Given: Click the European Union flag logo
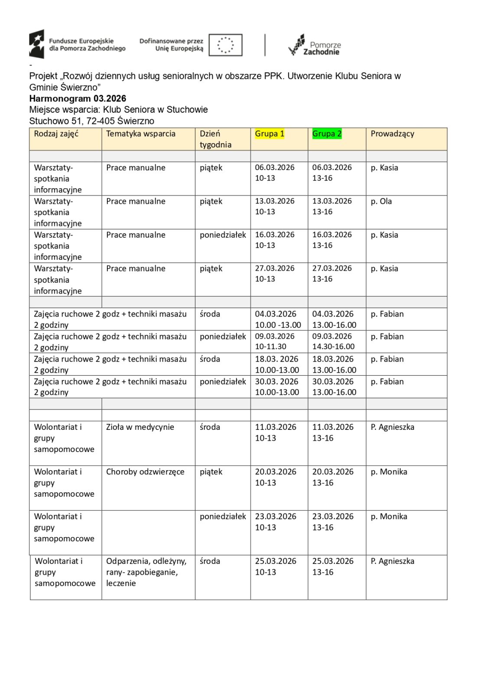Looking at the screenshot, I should [225, 45].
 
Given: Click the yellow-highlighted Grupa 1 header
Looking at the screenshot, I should [269, 134].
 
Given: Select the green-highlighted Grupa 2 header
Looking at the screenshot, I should [327, 134].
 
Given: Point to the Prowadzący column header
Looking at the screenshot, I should [392, 134].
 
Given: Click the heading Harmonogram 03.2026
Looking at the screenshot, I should [78, 98].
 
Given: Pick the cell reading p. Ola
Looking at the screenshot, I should [381, 201].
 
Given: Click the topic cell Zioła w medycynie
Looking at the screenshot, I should [140, 427].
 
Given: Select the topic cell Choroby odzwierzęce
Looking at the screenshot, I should [145, 472].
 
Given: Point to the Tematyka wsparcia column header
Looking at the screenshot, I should [140, 134].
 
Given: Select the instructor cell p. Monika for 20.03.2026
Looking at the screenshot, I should [389, 472].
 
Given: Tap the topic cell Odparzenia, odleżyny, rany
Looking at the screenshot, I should [146, 572].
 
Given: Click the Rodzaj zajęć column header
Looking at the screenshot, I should [56, 134].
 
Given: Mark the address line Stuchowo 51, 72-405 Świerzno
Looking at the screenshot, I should [91, 121].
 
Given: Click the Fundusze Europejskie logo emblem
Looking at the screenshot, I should [37, 44].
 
